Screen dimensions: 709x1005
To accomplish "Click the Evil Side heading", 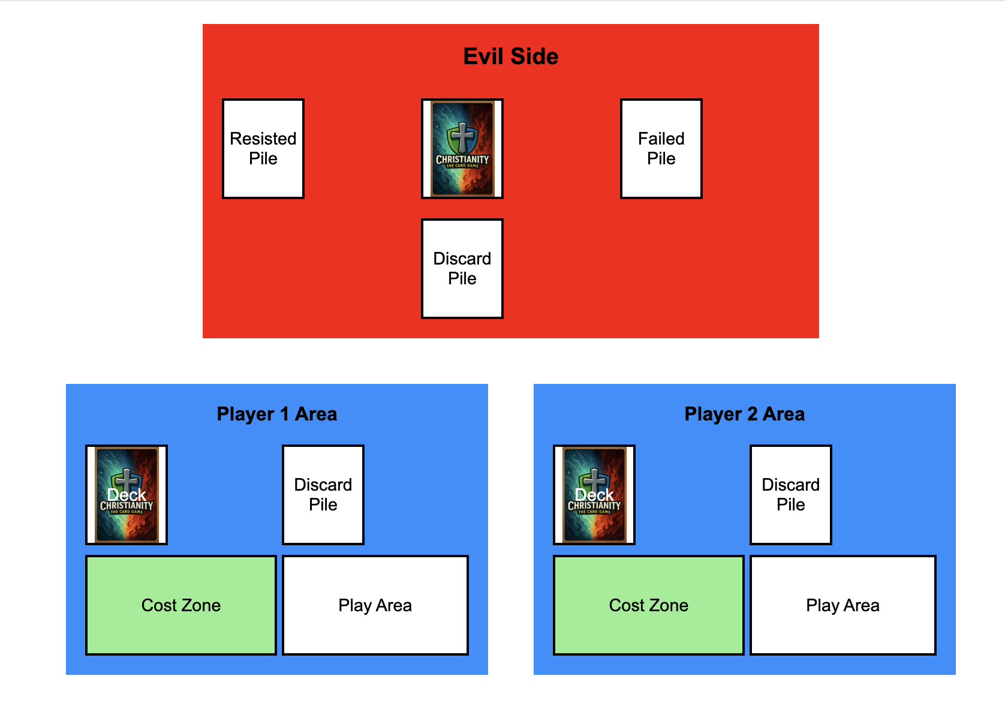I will point(511,56).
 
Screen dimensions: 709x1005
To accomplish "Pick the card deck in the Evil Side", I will point(462,149).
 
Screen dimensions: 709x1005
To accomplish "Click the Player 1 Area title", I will point(277,414).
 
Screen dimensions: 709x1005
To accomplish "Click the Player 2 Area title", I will point(745,414).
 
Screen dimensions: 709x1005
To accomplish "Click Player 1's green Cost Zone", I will point(181,605).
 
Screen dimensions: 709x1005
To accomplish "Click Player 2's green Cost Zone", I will point(649,605).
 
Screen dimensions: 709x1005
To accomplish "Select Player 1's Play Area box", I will point(375,605).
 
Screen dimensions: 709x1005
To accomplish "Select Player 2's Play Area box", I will point(843,605).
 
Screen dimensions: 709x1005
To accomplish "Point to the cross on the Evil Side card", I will point(462,137).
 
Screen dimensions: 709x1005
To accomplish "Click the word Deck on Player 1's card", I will point(127,495).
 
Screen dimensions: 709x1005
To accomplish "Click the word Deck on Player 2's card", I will point(594,495).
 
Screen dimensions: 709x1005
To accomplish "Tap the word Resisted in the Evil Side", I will point(263,139).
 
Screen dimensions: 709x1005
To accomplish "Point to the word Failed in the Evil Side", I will point(661,139).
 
